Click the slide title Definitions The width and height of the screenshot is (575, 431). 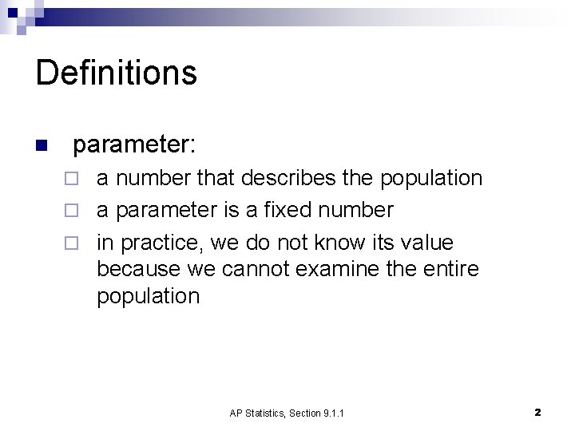pyautogui.click(x=117, y=72)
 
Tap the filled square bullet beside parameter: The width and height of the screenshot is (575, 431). pyautogui.click(x=42, y=146)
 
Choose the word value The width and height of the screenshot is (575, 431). pyautogui.click(x=424, y=242)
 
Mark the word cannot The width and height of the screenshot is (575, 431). pyautogui.click(x=255, y=269)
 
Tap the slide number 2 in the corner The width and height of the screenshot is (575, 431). pyautogui.click(x=537, y=413)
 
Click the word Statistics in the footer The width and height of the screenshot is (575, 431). pyautogui.click(x=264, y=413)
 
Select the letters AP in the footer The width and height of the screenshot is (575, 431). pyautogui.click(x=235, y=413)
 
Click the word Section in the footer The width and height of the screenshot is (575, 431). pyautogui.click(x=306, y=413)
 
